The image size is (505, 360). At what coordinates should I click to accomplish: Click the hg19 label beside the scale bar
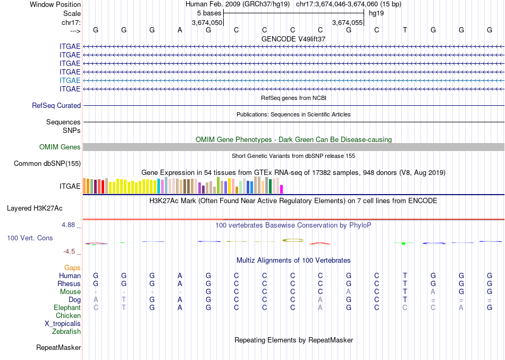(376, 13)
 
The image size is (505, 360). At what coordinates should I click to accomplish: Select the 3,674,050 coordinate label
(207, 22)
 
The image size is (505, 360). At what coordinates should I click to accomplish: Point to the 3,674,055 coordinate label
(347, 22)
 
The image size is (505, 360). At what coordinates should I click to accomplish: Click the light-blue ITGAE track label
(70, 80)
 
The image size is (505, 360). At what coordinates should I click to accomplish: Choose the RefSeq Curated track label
(56, 106)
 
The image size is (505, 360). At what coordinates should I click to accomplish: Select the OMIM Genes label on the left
(60, 147)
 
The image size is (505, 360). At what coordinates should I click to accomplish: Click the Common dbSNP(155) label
(47, 164)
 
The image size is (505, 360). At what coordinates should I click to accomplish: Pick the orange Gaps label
(72, 267)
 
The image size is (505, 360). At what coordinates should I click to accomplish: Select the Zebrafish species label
(66, 332)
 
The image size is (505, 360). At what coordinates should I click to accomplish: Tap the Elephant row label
(67, 308)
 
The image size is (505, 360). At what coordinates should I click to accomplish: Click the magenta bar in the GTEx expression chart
(282, 189)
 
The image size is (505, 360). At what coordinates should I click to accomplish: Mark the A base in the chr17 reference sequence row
(180, 30)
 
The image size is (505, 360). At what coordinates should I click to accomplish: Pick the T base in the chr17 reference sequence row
(405, 30)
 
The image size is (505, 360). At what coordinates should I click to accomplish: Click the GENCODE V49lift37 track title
(293, 39)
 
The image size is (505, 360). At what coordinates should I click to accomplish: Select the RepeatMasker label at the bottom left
(58, 348)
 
